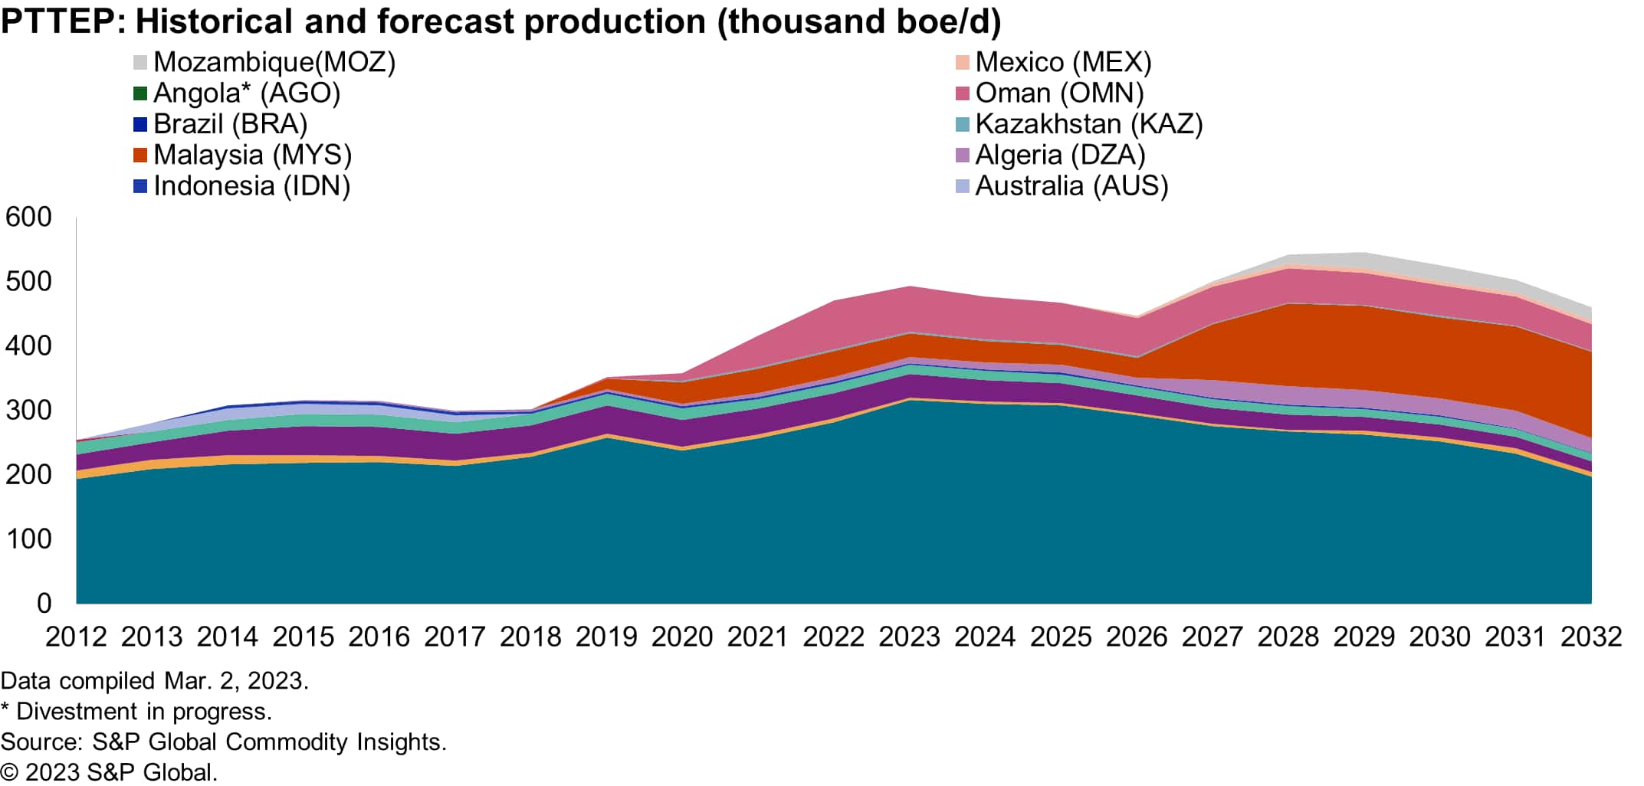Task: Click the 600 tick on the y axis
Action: (29, 218)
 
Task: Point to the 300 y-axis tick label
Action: (29, 411)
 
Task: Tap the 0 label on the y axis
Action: (44, 604)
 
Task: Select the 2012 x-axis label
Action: (77, 637)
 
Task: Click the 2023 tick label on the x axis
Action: (909, 637)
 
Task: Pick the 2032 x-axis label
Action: (1591, 637)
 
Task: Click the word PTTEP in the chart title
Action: (58, 21)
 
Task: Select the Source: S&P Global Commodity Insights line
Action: (223, 742)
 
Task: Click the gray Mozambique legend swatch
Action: (140, 62)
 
